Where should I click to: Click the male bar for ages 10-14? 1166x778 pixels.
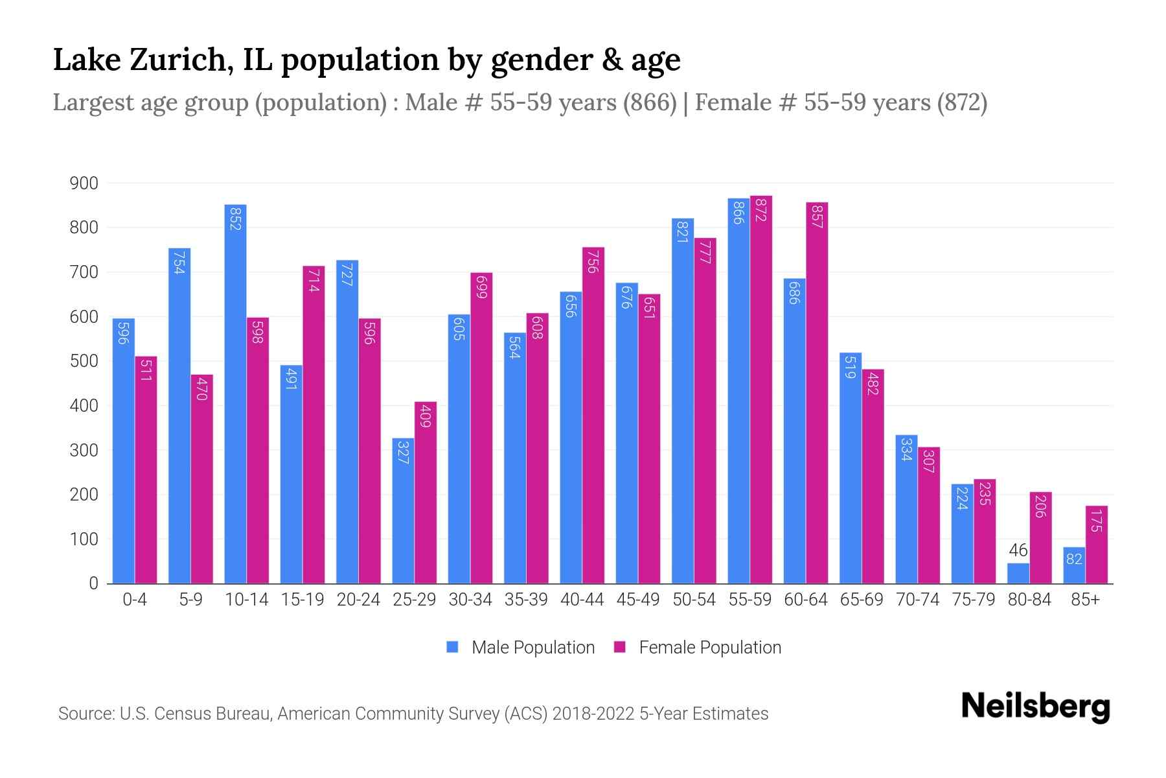(235, 395)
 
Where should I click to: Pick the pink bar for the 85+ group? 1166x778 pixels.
(1096, 545)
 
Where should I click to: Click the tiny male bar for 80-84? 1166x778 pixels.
(1018, 573)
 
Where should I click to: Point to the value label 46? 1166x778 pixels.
(1018, 550)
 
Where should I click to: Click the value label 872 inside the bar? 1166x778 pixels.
(761, 210)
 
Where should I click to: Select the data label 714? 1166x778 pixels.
(314, 280)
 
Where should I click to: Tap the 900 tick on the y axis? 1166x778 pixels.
(84, 183)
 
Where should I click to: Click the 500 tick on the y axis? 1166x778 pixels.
(84, 361)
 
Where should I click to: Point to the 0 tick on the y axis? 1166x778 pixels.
(93, 583)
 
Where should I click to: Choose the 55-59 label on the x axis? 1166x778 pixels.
(749, 600)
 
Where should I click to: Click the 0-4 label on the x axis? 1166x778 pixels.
(135, 600)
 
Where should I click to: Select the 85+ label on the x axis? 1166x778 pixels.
(1085, 600)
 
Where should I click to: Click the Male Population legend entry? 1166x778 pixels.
(532, 648)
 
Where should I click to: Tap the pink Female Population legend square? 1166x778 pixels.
(620, 647)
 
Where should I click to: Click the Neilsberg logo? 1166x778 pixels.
(1035, 707)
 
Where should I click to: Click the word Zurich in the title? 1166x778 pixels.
(182, 60)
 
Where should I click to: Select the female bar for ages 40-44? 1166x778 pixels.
(593, 415)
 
